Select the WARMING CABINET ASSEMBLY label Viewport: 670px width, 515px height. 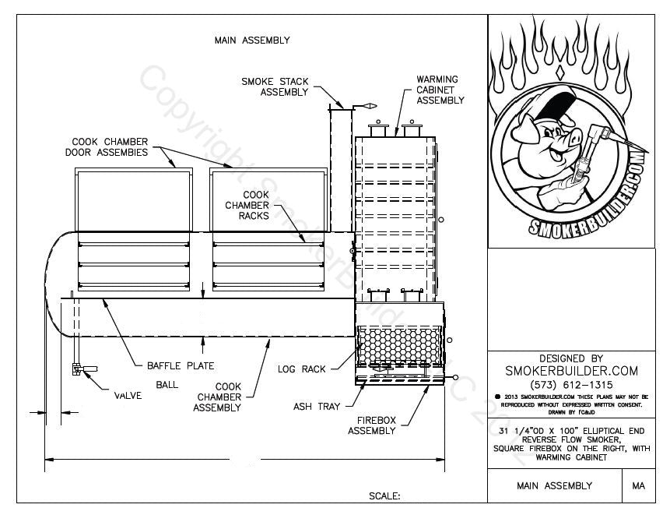[440, 90]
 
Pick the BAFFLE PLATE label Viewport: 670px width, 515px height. [181, 365]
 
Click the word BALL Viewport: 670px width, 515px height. [167, 384]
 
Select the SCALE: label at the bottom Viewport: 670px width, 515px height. [384, 496]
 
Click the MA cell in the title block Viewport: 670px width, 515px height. [639, 485]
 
